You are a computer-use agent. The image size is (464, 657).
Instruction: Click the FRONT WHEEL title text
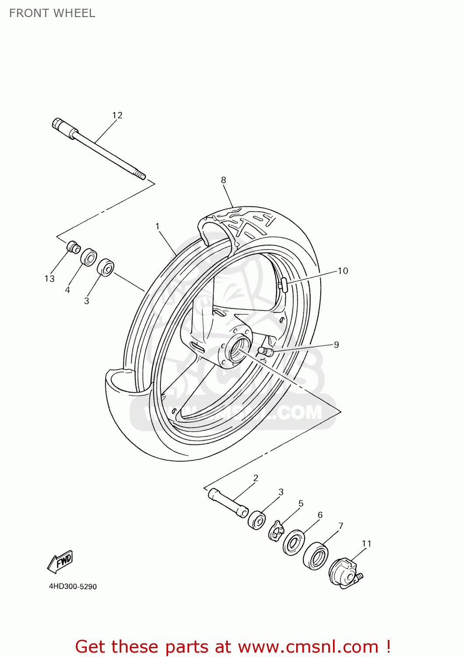(52, 13)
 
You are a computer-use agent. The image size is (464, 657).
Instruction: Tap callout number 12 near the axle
(117, 115)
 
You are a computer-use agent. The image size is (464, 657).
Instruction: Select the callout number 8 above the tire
(223, 180)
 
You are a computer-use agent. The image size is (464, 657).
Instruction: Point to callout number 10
(343, 271)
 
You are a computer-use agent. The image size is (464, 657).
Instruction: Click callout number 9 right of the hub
(336, 345)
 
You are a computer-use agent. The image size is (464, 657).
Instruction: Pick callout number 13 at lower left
(50, 279)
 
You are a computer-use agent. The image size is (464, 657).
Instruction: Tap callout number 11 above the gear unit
(366, 544)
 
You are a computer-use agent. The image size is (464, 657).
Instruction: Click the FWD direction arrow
(60, 562)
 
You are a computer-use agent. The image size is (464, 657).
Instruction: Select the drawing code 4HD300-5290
(73, 586)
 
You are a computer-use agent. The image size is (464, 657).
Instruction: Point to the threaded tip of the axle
(141, 176)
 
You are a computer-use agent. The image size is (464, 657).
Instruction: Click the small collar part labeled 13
(73, 247)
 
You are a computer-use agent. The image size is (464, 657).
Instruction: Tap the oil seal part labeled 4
(89, 257)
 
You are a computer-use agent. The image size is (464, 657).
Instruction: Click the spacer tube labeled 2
(228, 502)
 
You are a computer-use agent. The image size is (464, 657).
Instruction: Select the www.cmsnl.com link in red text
(308, 646)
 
